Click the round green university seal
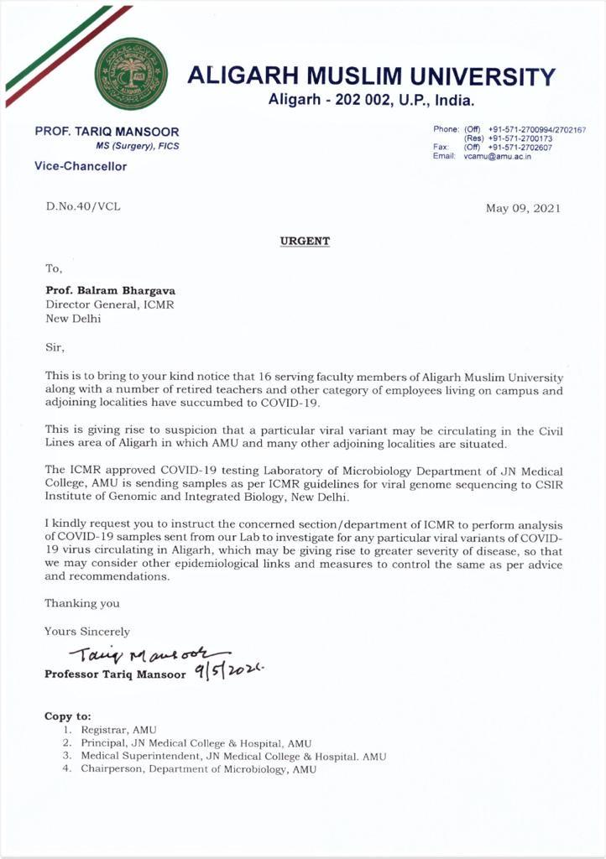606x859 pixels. click(130, 74)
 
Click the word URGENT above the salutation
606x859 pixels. click(305, 242)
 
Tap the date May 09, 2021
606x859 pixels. click(523, 208)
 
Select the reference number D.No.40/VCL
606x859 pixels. click(83, 206)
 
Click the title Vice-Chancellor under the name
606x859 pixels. click(81, 166)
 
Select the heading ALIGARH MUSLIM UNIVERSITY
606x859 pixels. click(371, 76)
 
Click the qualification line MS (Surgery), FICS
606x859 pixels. click(137, 146)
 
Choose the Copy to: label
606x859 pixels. click(67, 716)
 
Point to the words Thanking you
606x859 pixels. click(82, 603)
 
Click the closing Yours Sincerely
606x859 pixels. click(87, 631)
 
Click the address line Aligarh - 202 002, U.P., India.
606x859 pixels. click(371, 101)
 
